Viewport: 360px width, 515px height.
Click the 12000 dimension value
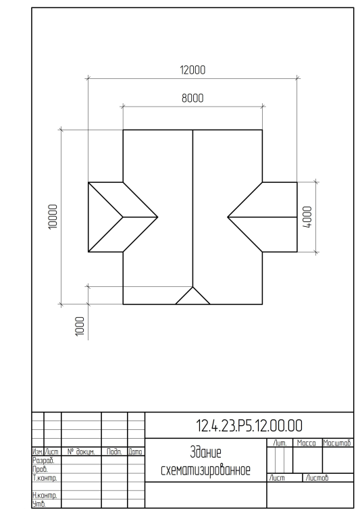[192, 70]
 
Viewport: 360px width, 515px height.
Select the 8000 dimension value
[192, 98]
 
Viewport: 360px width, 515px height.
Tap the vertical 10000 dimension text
[53, 217]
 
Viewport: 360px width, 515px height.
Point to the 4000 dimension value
[307, 217]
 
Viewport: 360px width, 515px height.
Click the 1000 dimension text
[80, 327]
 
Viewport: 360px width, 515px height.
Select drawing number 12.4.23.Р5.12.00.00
[249, 426]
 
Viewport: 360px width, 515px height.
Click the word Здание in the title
[206, 453]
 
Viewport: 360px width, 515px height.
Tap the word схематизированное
[206, 470]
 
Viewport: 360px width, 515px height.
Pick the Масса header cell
[306, 443]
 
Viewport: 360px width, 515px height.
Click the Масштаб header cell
[337, 443]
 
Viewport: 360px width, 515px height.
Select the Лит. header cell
[280, 443]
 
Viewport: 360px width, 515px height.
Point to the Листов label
[317, 478]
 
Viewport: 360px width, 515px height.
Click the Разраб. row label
[43, 460]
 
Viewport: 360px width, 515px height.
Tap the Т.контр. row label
[45, 478]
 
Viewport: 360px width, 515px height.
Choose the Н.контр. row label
[45, 495]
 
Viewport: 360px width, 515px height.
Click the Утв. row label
[39, 504]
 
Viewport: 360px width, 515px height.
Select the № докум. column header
[81, 452]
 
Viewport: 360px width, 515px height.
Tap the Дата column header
[136, 452]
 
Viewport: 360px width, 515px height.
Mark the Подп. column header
[114, 452]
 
